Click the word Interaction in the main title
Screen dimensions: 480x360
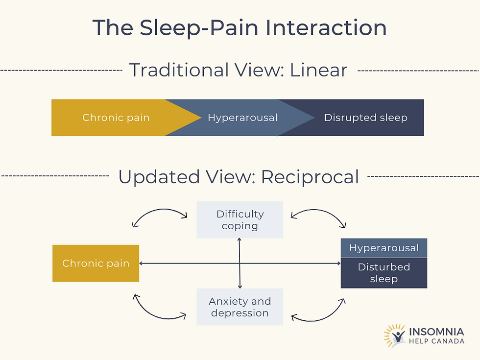[326, 28]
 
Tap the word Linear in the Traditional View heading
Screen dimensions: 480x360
[318, 70]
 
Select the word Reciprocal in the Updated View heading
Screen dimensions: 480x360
[310, 177]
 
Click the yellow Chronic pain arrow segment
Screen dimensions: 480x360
[117, 118]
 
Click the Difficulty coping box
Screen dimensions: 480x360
[240, 220]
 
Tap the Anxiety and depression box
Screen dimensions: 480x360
[240, 307]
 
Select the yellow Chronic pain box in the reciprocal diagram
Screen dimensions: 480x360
[96, 264]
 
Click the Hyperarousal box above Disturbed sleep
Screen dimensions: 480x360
[384, 248]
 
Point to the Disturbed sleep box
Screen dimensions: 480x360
[384, 273]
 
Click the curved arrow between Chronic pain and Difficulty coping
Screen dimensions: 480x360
[159, 210]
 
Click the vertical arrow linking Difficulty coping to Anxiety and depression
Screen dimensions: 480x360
[240, 264]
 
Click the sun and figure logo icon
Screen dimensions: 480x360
[395, 336]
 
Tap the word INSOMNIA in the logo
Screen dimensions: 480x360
[436, 332]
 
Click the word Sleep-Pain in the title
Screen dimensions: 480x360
[199, 28]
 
